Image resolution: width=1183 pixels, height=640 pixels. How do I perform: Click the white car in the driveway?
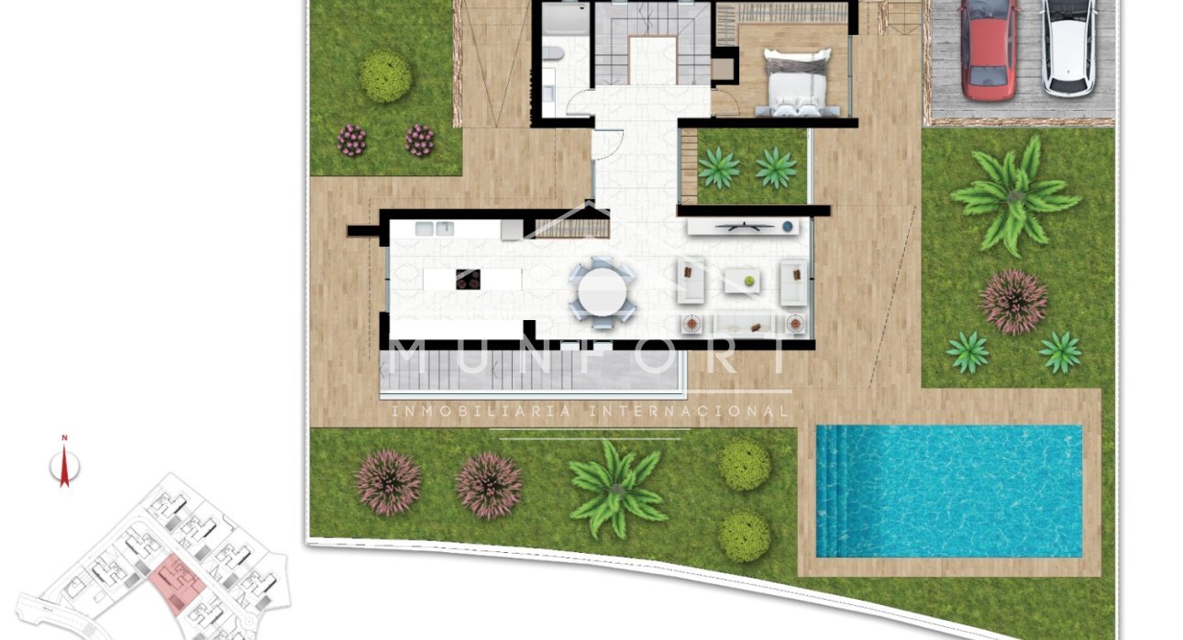tap(1069, 46)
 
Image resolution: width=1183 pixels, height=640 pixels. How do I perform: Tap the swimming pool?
tap(954, 491)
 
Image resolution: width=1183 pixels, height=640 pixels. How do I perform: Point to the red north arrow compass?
tap(64, 467)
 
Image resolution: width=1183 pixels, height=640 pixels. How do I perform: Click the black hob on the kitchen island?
tap(468, 279)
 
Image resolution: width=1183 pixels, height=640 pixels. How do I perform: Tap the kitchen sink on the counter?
tap(435, 228)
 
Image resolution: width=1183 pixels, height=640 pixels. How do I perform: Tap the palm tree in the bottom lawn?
tap(616, 487)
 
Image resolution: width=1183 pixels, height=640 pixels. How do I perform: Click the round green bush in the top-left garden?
tap(386, 76)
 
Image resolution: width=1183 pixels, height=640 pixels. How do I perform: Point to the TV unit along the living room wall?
tap(743, 226)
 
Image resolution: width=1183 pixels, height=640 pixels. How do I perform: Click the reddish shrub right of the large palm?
tap(1013, 302)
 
